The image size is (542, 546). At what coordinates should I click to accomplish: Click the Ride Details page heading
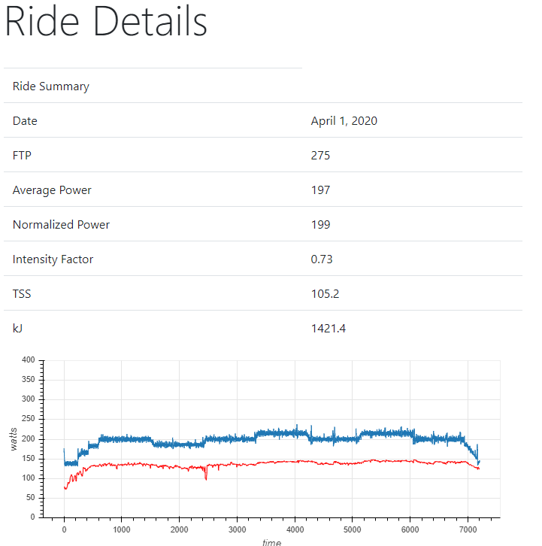[x=106, y=23]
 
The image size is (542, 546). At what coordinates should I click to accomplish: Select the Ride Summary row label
[x=50, y=86]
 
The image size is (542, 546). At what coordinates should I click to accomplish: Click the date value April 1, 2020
[x=344, y=121]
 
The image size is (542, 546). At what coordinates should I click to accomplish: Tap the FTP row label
[x=22, y=156]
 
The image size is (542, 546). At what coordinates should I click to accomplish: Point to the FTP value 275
[x=320, y=156]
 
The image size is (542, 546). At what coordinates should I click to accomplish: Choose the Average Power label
[x=52, y=190]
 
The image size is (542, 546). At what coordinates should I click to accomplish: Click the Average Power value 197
[x=320, y=190]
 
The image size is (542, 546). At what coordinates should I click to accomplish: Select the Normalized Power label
[x=61, y=225]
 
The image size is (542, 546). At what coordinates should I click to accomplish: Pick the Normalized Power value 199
[x=320, y=225]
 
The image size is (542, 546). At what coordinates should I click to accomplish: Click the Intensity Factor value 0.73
[x=322, y=259]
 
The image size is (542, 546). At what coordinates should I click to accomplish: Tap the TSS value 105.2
[x=325, y=294]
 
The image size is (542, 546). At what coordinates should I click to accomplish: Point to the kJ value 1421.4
[x=328, y=329]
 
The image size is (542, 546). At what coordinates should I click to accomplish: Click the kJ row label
[x=18, y=329]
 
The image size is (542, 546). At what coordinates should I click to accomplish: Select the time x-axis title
[x=271, y=541]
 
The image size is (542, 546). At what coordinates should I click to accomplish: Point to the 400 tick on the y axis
[x=29, y=361]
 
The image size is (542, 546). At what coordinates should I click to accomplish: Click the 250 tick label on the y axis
[x=29, y=420]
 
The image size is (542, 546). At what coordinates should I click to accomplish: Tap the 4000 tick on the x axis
[x=295, y=529]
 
